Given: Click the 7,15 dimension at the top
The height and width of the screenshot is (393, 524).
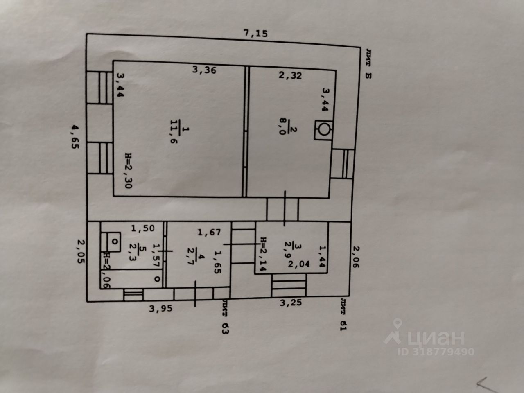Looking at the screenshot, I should click(255, 34).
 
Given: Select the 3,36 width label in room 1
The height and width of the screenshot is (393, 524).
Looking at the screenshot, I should click(204, 70).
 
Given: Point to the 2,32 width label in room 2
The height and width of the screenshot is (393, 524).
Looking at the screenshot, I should click(290, 75).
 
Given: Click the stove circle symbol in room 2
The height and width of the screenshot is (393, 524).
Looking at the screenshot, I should click(324, 130).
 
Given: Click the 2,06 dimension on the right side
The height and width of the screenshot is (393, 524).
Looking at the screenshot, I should click(356, 257).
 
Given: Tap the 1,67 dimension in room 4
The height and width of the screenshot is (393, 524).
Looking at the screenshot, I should click(209, 233).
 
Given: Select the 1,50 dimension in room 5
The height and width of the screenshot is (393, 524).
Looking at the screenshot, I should click(143, 228).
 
